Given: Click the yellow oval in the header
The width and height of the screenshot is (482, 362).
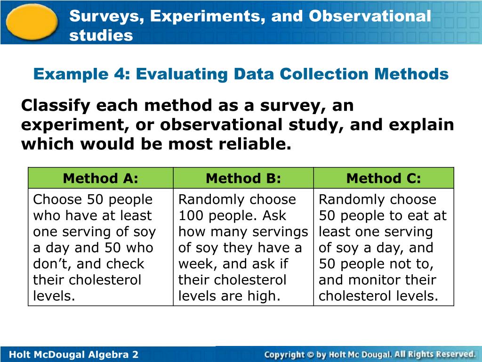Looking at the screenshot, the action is (x=32, y=22).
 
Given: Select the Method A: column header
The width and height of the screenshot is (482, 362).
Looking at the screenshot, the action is (x=101, y=178).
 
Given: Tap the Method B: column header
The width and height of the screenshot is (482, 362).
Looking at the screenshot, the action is (x=243, y=178).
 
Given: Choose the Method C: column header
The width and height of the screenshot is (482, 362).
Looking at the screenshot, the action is (x=384, y=178).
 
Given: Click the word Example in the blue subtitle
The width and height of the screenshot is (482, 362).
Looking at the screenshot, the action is (x=71, y=74).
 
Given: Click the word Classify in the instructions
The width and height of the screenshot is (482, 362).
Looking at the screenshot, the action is (x=56, y=106).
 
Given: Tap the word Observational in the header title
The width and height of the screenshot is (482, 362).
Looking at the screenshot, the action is (x=370, y=16).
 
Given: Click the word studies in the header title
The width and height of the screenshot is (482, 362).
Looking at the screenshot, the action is (x=101, y=35).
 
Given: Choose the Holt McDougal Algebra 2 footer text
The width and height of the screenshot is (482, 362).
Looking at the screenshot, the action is (x=74, y=354).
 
